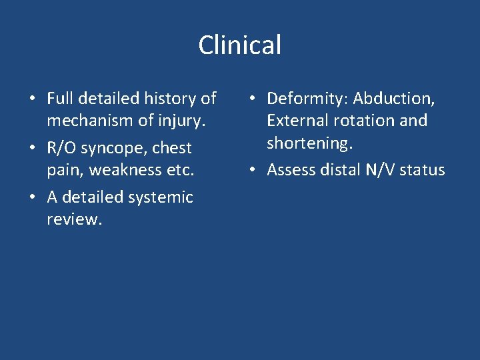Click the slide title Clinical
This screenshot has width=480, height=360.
coord(240,45)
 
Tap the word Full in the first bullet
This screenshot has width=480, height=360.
coord(59,99)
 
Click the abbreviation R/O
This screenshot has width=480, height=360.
coord(61,148)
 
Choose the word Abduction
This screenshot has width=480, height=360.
coord(393,99)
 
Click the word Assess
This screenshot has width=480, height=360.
coord(291,170)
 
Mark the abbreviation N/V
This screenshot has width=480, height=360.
coord(378,170)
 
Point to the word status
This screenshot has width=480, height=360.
coord(422,170)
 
